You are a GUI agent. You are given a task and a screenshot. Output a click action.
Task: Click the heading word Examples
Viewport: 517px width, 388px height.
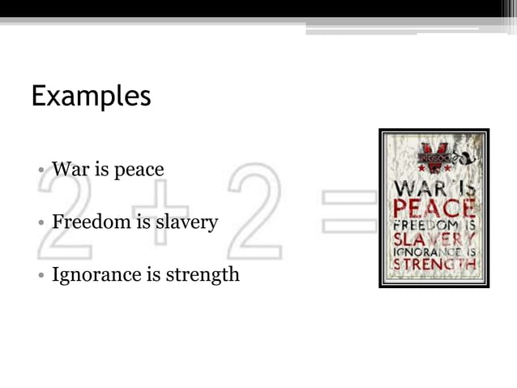click(x=91, y=97)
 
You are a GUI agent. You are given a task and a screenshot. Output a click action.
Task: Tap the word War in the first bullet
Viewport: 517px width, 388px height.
click(x=68, y=170)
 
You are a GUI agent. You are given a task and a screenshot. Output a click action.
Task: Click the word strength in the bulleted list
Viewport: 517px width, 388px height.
click(x=203, y=274)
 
